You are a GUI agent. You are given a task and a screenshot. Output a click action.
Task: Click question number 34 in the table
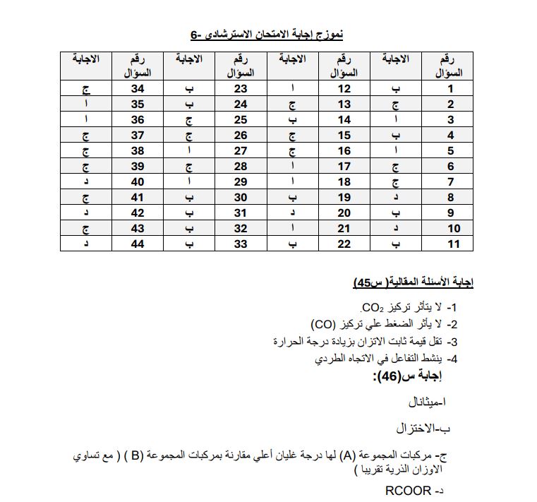pos(138,89)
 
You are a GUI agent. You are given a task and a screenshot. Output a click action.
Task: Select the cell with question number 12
pos(344,89)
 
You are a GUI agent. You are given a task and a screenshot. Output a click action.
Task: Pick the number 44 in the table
pos(138,244)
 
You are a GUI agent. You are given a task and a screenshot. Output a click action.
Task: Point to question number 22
pos(344,244)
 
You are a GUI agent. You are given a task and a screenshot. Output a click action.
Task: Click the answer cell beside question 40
pos(85,182)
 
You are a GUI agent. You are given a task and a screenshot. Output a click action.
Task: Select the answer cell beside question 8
pos(396,198)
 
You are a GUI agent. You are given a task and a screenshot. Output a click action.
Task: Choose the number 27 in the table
pos(241,151)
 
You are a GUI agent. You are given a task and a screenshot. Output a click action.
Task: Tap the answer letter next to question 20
pos(292,213)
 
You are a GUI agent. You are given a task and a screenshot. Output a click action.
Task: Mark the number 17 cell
pos(344,167)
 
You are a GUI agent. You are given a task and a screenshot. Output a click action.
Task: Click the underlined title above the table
pos(266,35)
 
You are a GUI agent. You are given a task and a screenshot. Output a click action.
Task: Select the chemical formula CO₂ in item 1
pos(372,308)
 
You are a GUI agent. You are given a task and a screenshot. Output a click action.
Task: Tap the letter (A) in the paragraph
pos(347,454)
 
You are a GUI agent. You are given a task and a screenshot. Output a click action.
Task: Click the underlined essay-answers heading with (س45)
pos(413,282)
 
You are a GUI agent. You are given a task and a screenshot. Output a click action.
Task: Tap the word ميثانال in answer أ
pos(428,402)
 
